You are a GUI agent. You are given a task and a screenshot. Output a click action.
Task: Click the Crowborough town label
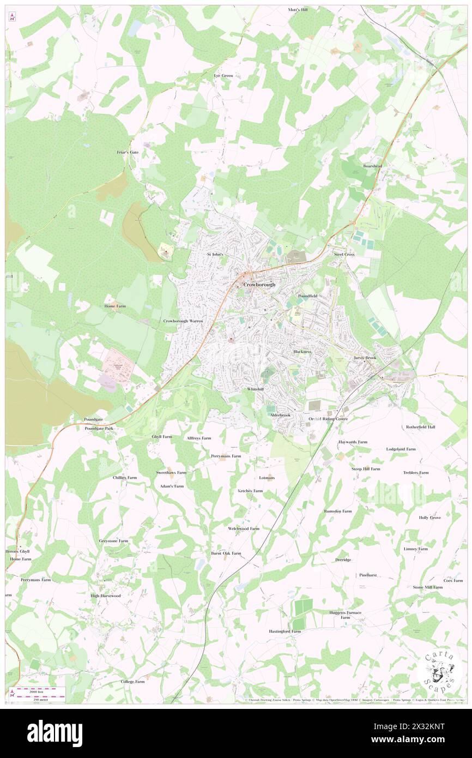(259, 285)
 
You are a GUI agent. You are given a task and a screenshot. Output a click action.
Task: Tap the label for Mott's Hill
(298, 10)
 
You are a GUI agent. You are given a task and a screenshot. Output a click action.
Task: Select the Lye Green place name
(223, 75)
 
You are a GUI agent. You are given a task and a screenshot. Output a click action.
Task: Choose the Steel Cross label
(344, 254)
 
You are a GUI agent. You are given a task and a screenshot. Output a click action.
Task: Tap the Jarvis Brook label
(365, 358)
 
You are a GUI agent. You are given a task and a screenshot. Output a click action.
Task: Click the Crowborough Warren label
(183, 321)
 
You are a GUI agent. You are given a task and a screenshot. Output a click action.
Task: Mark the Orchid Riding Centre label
(328, 419)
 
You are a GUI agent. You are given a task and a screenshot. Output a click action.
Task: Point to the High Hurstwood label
(106, 595)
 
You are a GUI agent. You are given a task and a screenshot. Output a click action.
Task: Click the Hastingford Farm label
(285, 631)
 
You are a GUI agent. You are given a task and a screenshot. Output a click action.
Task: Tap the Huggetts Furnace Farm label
(345, 615)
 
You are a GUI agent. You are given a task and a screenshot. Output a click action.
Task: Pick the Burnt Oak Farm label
(226, 553)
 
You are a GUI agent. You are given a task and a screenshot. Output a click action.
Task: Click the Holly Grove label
(429, 518)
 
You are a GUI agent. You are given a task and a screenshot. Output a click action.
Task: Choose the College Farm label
(132, 682)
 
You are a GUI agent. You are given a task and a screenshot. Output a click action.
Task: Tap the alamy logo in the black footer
(55, 733)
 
